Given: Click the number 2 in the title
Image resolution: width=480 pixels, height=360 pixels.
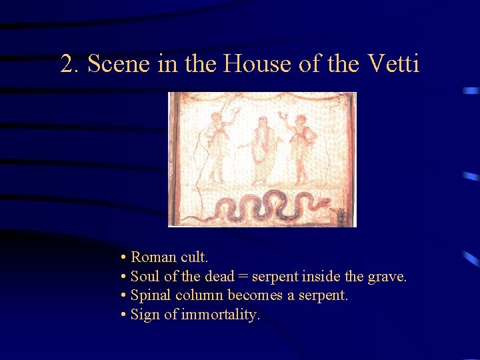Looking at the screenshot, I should coord(67,64).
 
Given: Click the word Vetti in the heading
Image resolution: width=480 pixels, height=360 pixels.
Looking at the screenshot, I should coord(393,64).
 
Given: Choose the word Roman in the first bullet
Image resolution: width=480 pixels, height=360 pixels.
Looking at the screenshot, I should coord(153,257).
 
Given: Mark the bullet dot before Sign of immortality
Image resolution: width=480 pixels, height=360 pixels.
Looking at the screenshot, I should coord(124,315).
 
